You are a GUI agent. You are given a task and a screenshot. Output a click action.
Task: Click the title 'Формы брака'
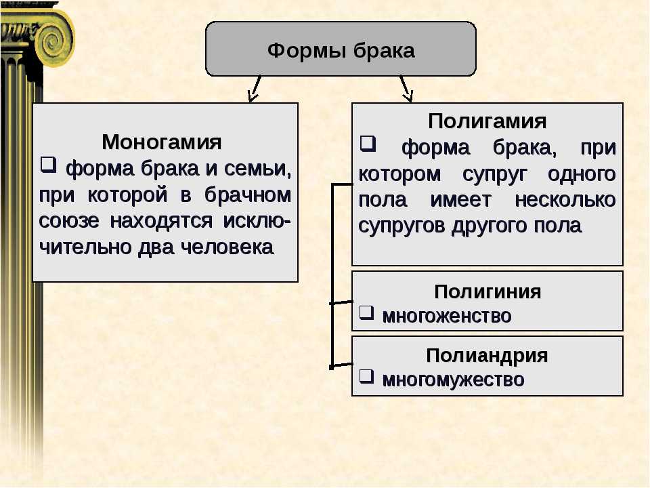click(341, 51)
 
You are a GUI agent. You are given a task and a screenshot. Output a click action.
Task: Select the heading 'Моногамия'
click(162, 142)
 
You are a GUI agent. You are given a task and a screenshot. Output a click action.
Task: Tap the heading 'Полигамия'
click(487, 121)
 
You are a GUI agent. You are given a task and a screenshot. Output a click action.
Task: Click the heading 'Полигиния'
click(487, 291)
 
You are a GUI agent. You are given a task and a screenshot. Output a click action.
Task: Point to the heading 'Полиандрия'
click(487, 356)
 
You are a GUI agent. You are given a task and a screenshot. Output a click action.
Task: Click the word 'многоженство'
click(446, 317)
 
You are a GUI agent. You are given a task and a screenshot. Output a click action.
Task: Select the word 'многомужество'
click(453, 380)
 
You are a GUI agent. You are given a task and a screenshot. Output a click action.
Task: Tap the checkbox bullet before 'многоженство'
click(366, 313)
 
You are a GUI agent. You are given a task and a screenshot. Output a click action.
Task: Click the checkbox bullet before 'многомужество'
click(366, 377)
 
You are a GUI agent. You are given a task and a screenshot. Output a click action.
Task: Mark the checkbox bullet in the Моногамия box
click(48, 164)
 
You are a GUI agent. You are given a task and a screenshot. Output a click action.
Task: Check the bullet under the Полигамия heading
click(368, 144)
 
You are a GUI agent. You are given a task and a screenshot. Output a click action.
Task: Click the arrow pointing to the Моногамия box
click(255, 89)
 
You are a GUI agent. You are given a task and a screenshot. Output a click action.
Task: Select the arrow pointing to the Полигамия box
click(406, 89)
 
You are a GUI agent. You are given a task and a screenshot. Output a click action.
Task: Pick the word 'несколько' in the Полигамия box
click(565, 200)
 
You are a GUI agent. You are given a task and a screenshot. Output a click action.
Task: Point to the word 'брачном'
click(248, 195)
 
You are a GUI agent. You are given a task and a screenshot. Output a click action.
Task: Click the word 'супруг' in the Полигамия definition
click(494, 175)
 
